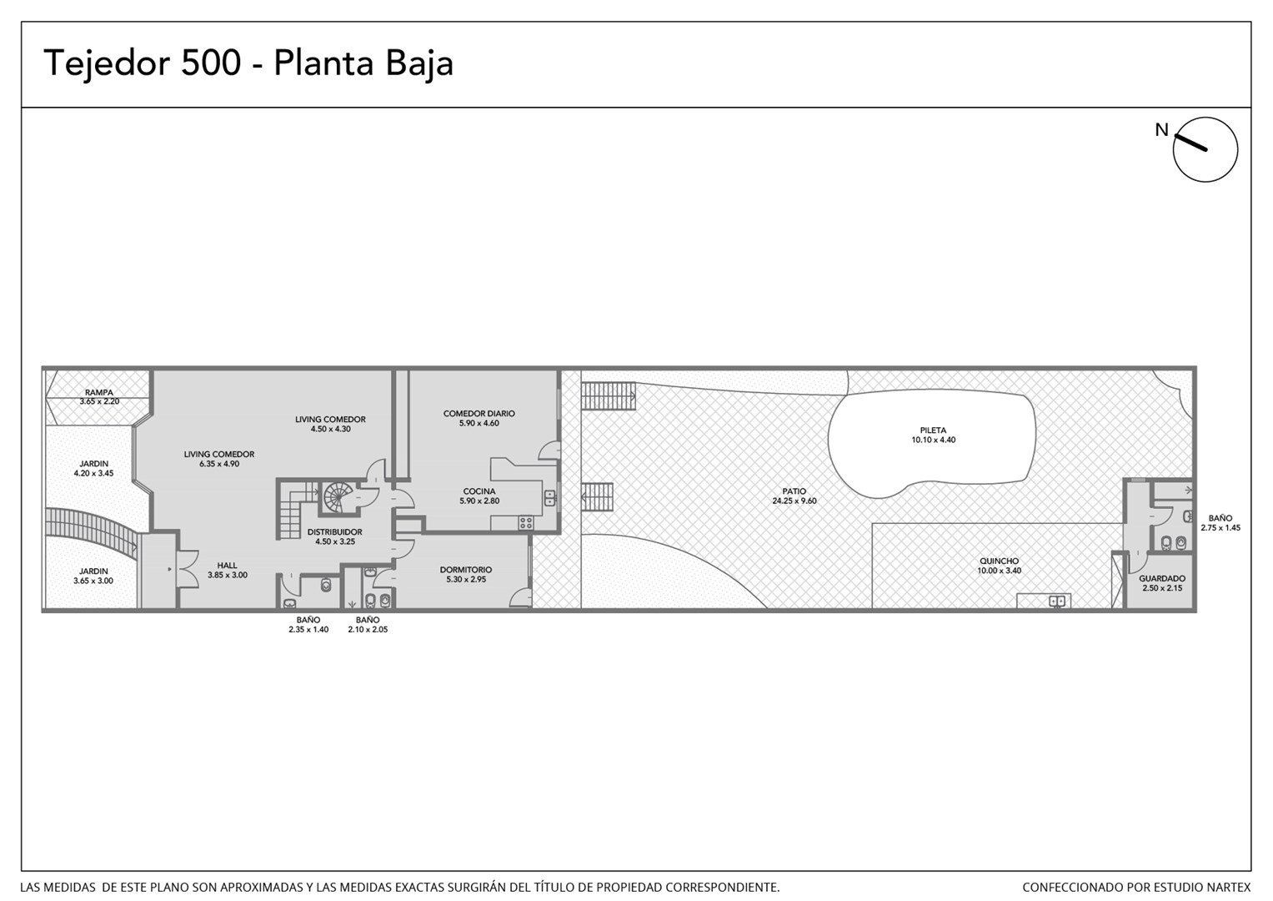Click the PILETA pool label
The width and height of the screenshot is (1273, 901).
[933, 430]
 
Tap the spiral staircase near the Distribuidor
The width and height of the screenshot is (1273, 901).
[338, 496]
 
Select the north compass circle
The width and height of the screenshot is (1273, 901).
[1205, 149]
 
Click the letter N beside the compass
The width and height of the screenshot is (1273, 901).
[1161, 130]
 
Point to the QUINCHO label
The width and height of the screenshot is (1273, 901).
[999, 561]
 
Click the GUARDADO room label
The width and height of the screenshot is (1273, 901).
[1162, 578]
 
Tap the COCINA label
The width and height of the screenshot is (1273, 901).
[479, 491]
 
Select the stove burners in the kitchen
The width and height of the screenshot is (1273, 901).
[525, 523]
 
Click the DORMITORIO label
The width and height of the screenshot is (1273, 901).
[466, 570]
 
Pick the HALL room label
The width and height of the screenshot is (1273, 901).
[227, 566]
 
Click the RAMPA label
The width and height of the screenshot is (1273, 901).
[99, 392]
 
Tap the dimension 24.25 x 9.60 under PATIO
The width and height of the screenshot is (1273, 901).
[794, 501]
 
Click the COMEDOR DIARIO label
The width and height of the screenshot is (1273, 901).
[479, 414]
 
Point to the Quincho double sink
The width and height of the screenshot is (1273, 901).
[1057, 600]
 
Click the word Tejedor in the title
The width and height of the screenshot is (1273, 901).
[107, 63]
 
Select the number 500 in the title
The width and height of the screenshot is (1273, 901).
[211, 63]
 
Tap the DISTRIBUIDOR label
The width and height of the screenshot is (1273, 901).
[335, 532]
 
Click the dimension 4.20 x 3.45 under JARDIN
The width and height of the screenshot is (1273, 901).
[93, 473]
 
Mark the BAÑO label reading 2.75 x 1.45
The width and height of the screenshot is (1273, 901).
[1220, 518]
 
